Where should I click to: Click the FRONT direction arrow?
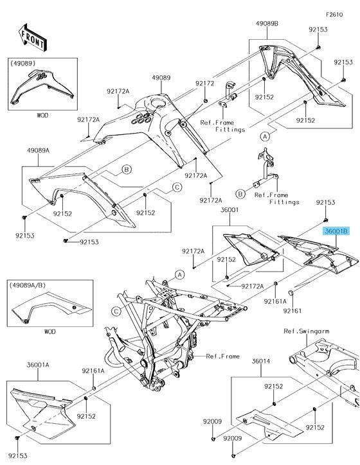pos(32,39)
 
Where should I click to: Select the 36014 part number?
pos(260,362)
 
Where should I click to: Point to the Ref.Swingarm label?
pos(307,331)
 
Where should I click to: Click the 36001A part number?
pos(38,365)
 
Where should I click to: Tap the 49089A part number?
pos(39,149)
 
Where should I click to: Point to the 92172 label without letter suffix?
pos(204,83)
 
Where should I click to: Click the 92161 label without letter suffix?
pos(292,310)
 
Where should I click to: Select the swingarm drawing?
pos(321,366)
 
